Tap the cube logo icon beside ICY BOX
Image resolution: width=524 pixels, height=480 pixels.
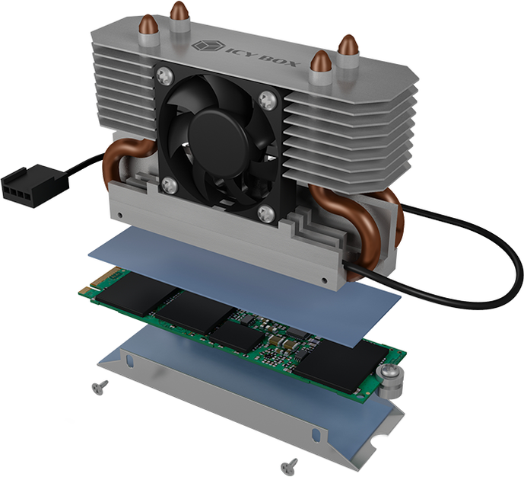(207, 45)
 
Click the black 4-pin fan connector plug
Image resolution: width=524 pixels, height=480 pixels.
(35, 185)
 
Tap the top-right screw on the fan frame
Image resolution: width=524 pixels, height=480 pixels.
(268, 99)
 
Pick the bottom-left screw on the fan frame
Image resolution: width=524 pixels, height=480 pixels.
(170, 185)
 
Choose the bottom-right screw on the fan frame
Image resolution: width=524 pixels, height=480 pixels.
(267, 213)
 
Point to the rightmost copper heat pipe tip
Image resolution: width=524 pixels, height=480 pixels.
(348, 44)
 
